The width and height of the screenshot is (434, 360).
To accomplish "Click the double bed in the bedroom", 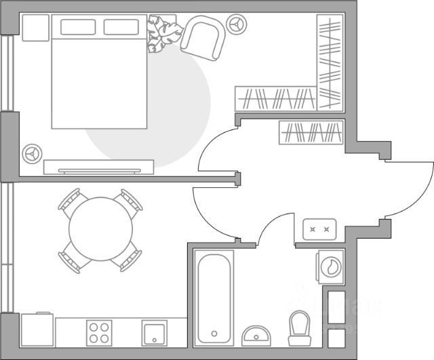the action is click(x=98, y=81).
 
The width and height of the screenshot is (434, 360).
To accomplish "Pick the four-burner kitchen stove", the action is click(x=99, y=332).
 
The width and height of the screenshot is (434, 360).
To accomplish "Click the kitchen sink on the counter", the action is click(x=154, y=334).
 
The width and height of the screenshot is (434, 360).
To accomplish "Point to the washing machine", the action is click(x=331, y=266).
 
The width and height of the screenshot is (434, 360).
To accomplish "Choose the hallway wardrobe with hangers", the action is click(x=311, y=132).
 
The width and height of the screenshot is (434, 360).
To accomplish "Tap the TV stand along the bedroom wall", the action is click(x=98, y=167).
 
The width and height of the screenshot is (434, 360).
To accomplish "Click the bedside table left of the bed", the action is click(x=35, y=28).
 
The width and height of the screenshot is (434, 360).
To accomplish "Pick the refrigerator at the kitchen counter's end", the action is click(x=37, y=330).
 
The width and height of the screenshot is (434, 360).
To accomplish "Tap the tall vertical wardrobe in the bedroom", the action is click(x=330, y=63).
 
